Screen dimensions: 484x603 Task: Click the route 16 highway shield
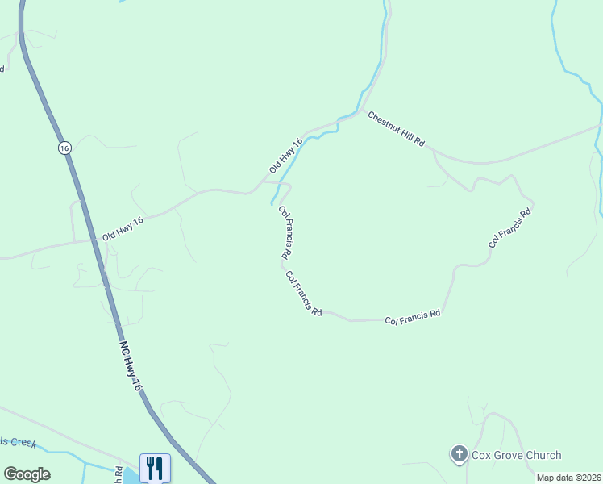pos(64,148)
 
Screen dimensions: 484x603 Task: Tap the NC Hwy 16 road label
pos(131,365)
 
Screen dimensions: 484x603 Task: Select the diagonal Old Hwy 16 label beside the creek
pos(286,155)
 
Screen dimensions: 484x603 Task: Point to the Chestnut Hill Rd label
pos(396,129)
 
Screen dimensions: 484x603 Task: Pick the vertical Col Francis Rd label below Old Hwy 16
pos(285,232)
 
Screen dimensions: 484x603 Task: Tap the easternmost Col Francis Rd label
pos(510,228)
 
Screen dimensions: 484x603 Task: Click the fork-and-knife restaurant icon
pos(155,468)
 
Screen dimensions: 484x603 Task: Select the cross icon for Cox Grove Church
pos(460,455)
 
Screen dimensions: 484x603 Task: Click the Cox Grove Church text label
pos(517,456)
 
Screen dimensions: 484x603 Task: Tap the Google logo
pos(27,474)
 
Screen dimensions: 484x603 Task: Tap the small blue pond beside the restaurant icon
pos(131,474)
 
